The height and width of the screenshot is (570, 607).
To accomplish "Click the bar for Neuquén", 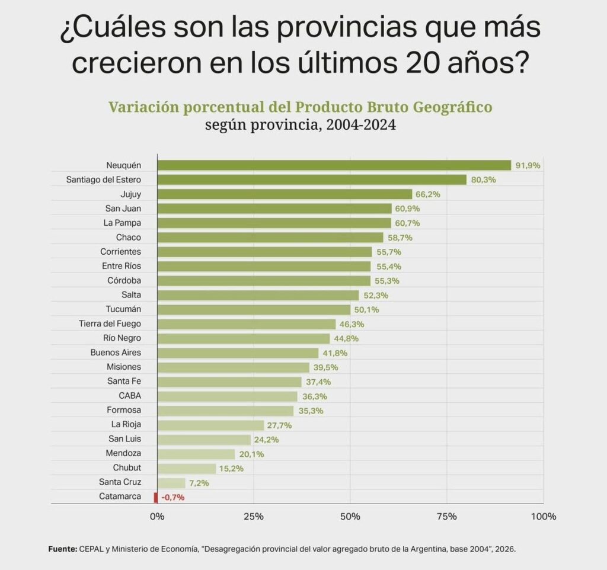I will [x=334, y=165].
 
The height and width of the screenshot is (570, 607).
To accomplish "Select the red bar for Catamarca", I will [x=156, y=497].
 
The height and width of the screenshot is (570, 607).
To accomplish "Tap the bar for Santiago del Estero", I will [x=312, y=180].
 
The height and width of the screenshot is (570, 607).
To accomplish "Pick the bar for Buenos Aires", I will [x=238, y=353].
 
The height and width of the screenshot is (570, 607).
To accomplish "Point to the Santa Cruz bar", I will [x=171, y=482].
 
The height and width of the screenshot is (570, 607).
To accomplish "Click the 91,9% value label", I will [x=528, y=165].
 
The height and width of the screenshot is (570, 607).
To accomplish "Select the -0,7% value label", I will [x=172, y=497].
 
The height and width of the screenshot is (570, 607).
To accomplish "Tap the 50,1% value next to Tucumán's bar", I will [x=366, y=309].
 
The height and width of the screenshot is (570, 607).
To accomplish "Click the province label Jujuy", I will [x=130, y=194].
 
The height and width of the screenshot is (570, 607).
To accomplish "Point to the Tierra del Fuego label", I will [x=110, y=324].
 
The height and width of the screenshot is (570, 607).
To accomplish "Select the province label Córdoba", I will [x=124, y=280].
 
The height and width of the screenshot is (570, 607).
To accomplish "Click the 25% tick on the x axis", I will [x=254, y=516].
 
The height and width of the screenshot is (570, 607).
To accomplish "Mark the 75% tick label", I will [x=447, y=516].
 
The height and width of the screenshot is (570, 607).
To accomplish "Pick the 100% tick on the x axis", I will [x=544, y=516].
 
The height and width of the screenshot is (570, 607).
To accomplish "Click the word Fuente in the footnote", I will [x=62, y=549].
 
